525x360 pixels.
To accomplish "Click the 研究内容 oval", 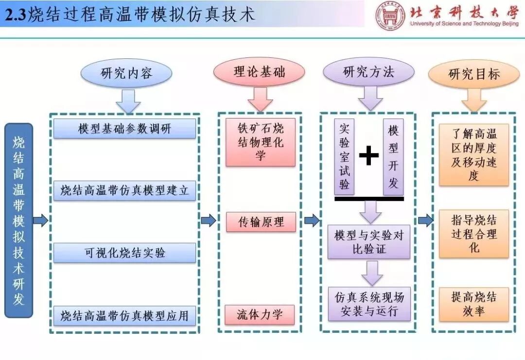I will pos(126,74).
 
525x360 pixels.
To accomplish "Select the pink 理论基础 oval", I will pos(259,73).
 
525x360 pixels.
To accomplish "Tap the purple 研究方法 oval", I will pos(368,73).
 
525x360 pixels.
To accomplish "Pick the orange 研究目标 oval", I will pos(473,74).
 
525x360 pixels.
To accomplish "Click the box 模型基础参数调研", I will pos(124,129).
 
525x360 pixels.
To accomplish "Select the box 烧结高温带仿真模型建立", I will pos(124,190).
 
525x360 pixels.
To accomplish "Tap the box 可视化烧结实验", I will pos(124,253).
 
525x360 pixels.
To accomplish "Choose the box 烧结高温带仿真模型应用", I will pos(124,315).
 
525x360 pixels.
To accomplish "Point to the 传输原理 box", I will pos(261,222).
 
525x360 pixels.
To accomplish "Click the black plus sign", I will pos(369,155).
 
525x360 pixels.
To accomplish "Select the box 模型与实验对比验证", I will pos(369,241).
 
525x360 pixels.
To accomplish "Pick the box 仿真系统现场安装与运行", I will pos(369,304).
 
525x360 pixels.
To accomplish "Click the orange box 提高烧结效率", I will pos(473,304).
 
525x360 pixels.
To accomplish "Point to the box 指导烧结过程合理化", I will pos(473,234).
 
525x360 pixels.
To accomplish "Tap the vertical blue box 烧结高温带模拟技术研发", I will pos(18,220).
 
